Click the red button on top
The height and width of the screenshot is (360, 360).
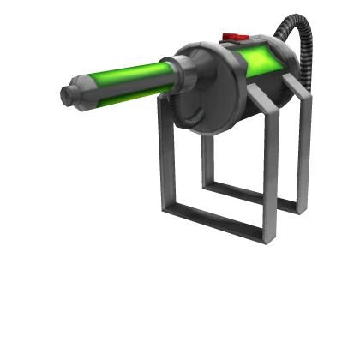tap(233, 37)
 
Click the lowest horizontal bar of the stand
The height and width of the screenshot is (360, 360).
tap(210, 225)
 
